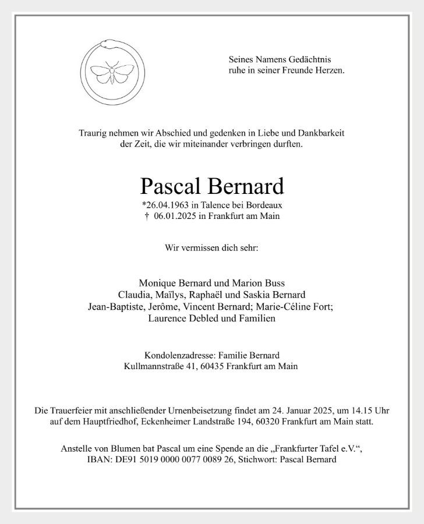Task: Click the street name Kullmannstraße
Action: [154, 367]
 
